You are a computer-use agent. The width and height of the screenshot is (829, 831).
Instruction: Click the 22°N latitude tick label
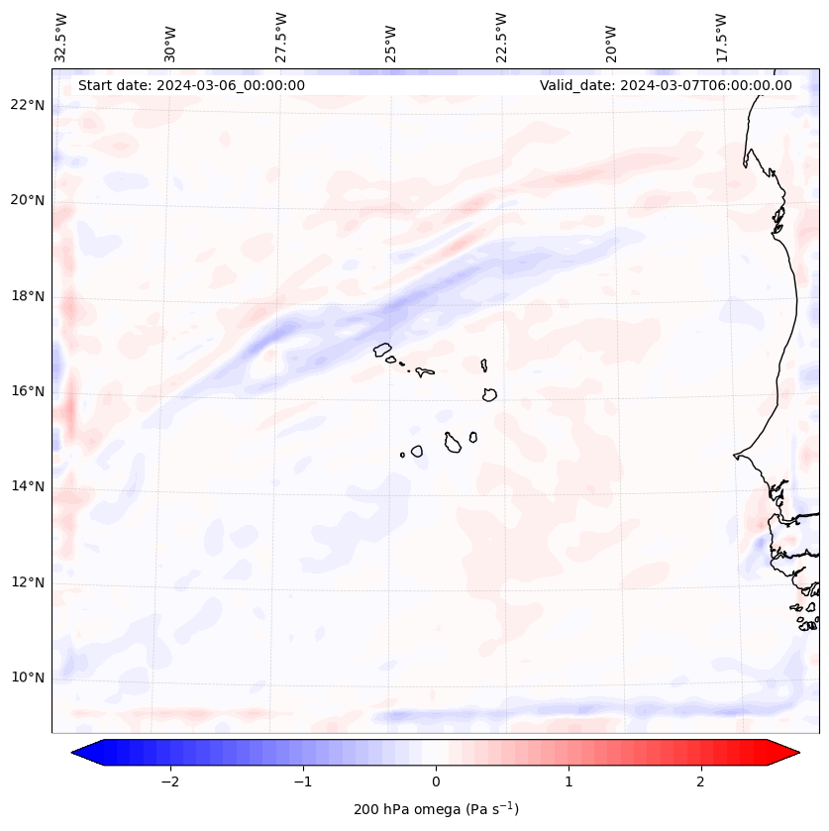click(x=28, y=106)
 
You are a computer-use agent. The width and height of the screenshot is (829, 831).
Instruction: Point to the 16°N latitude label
click(x=28, y=391)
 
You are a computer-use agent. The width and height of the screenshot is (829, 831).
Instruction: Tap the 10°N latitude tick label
click(x=28, y=677)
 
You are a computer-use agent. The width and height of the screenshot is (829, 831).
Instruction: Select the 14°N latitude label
click(x=28, y=486)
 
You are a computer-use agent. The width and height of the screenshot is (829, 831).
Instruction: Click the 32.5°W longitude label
click(x=62, y=37)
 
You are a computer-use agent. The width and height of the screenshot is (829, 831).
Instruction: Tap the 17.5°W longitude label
click(x=722, y=37)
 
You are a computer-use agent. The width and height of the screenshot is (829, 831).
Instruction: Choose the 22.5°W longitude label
click(x=502, y=37)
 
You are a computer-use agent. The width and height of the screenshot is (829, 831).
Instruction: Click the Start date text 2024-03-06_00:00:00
click(x=191, y=85)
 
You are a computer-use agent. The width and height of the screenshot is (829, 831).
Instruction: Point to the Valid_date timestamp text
click(x=666, y=85)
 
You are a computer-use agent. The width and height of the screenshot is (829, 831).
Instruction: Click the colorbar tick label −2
click(x=169, y=781)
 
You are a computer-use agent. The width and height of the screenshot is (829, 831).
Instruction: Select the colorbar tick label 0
click(x=436, y=781)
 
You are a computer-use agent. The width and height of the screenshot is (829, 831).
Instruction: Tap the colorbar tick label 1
click(x=569, y=781)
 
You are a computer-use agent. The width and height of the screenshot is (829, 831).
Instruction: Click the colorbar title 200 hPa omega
click(x=436, y=809)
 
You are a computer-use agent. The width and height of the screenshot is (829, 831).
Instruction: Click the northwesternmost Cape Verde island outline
click(x=382, y=349)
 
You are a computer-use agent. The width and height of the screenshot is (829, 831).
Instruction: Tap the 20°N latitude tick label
click(x=28, y=201)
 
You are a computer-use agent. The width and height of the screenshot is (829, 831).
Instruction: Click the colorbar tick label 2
click(x=701, y=781)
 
